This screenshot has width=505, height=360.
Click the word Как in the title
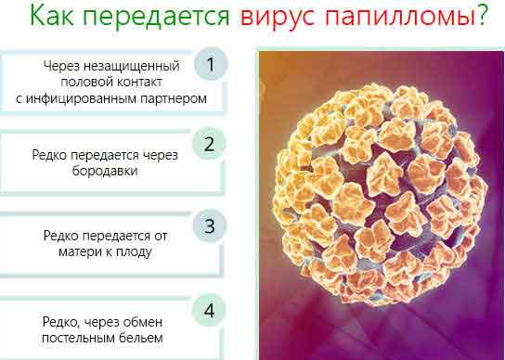coord(52,15)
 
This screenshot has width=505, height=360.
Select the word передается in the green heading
coord(156,17)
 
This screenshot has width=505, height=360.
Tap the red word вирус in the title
coord(278,18)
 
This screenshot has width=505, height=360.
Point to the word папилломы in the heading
coord(400,17)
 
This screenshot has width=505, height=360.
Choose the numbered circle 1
coord(211,64)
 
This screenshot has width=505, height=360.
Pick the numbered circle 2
coord(210,144)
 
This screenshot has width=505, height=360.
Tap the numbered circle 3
coord(210,225)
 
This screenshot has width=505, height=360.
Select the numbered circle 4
coord(210,311)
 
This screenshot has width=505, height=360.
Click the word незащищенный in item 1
coord(132,67)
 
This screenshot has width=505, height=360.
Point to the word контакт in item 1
coord(139,82)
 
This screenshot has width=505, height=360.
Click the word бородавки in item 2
coord(105,171)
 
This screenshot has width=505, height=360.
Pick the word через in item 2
coord(160,156)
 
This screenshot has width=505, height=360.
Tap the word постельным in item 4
coord(79,338)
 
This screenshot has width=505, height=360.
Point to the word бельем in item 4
coord(141,338)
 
